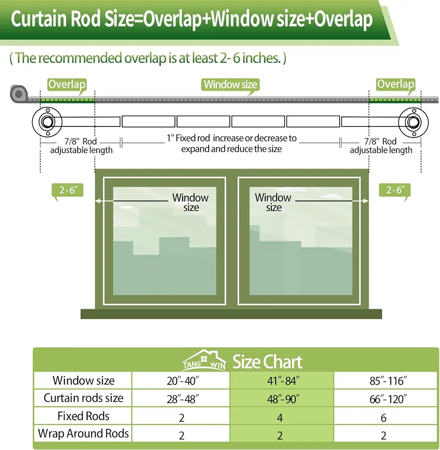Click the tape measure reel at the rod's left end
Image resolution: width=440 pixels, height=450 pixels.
click(19, 93)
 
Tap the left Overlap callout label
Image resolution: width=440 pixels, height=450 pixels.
click(67, 85)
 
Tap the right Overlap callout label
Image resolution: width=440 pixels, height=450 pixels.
click(396, 85)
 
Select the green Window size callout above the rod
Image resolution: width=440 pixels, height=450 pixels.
click(230, 85)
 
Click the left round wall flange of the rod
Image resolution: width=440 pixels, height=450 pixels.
click(47, 122)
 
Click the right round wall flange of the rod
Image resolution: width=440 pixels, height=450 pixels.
click(413, 122)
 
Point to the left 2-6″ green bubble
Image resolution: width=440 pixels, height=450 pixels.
click(67, 190)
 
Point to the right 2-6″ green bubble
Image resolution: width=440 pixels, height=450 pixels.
click(395, 190)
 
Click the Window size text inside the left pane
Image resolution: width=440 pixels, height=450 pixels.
click(190, 202)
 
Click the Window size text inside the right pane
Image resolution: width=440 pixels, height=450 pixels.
click(273, 202)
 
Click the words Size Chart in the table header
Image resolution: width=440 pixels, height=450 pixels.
click(267, 361)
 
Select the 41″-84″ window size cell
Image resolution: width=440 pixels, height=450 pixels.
click(282, 381)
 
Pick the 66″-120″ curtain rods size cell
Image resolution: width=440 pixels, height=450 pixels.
click(385, 398)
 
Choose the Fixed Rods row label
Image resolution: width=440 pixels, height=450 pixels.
click(83, 416)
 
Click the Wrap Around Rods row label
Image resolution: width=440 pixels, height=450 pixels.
click(83, 433)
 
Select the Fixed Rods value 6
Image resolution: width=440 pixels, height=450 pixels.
click(383, 418)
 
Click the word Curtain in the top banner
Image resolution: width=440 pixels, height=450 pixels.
click(39, 19)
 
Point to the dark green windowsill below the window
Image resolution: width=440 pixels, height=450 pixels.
click(231, 314)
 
